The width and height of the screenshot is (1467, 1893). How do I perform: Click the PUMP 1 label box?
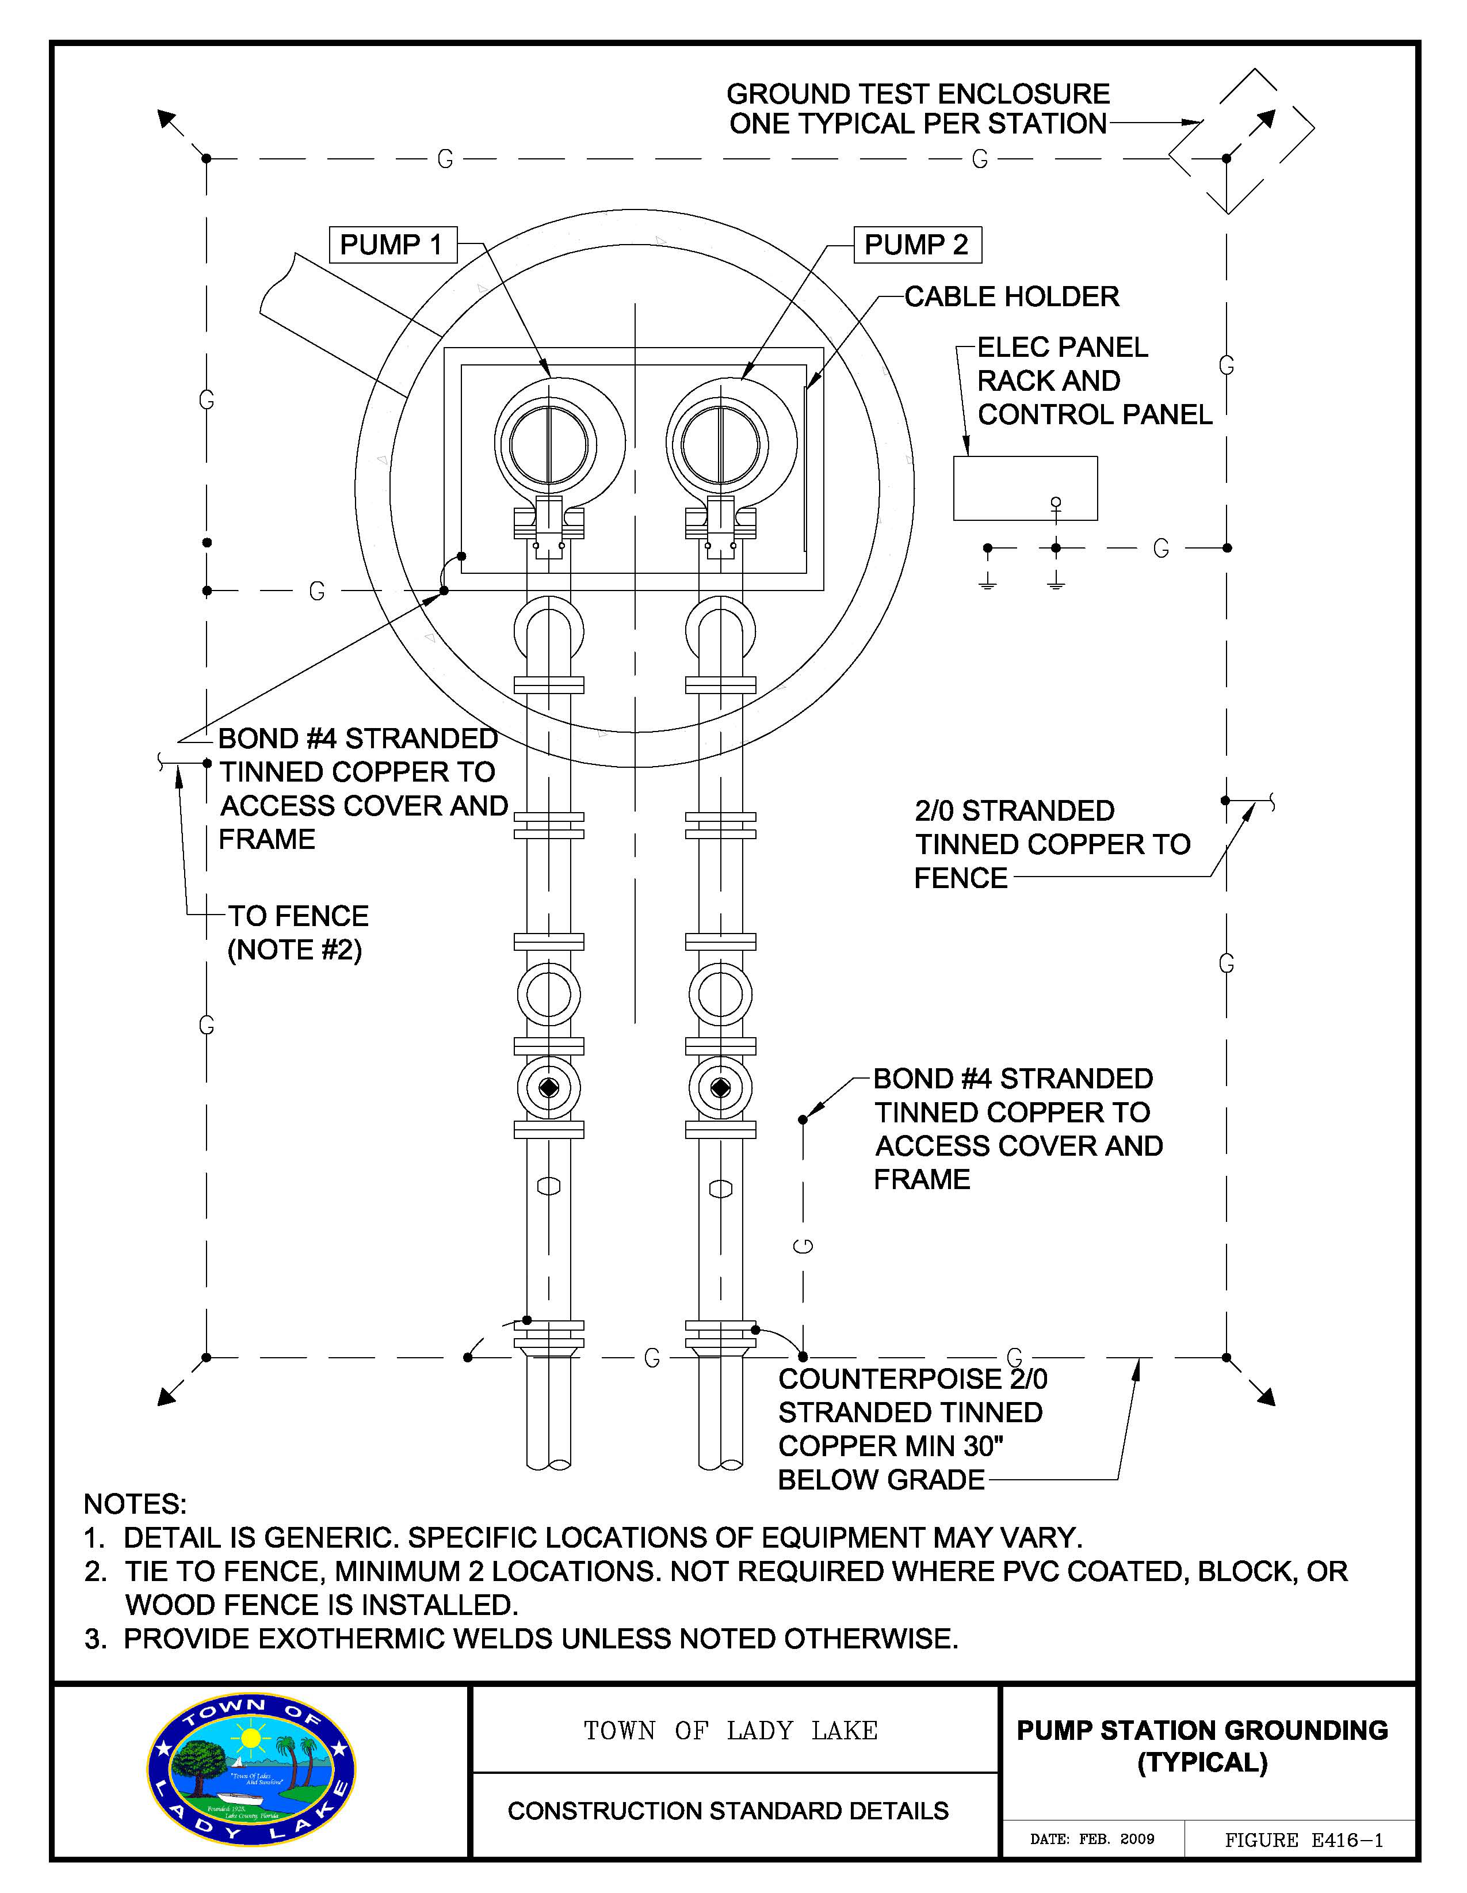coord(392,245)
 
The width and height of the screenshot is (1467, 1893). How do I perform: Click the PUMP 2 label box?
coord(917,245)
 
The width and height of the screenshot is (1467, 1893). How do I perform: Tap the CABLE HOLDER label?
coord(1012,296)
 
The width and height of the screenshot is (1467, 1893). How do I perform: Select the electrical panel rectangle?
coord(1025,488)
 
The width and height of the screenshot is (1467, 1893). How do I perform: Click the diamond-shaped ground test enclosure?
coord(1241,140)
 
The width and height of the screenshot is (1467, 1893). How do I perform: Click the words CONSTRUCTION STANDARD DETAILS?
coord(728,1811)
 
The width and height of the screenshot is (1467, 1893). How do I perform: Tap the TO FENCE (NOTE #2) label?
coord(298,932)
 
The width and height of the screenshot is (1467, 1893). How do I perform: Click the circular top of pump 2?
coord(720,445)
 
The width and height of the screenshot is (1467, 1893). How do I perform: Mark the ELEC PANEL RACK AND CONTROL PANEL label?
coord(1094,380)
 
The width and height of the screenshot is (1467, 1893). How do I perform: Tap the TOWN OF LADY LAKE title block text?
coord(731,1731)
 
